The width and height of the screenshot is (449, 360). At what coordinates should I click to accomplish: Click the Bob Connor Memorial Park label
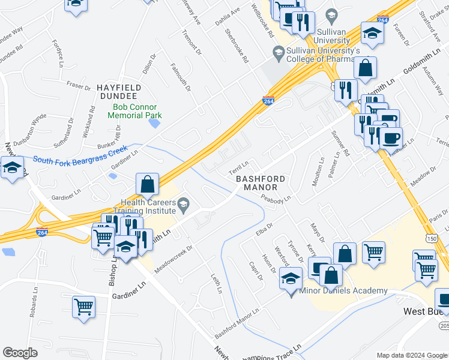click(137, 111)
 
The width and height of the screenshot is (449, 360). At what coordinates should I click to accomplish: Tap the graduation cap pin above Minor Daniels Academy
click(291, 280)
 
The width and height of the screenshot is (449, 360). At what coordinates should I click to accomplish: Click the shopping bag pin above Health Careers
click(147, 185)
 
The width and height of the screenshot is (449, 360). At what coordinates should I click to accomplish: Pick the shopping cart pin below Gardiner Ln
click(84, 307)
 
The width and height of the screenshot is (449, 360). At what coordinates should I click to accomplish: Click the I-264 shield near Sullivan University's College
click(268, 101)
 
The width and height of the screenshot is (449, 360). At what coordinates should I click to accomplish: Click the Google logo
click(20, 353)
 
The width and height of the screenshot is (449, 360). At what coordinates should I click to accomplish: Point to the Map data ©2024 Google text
click(411, 355)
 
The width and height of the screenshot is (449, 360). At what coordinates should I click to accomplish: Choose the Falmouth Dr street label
click(181, 78)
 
